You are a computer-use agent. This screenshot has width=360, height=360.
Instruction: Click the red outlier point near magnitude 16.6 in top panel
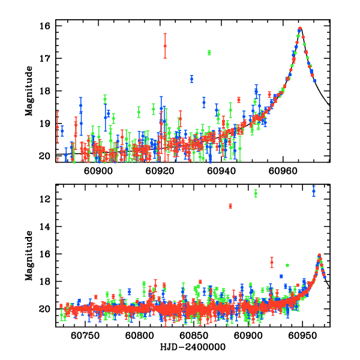165,46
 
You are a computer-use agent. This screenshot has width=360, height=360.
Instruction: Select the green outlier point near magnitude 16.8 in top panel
209,52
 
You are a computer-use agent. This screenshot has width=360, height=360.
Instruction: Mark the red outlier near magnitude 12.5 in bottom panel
230,206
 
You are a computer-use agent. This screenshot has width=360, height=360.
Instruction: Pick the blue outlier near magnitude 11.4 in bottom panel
313,191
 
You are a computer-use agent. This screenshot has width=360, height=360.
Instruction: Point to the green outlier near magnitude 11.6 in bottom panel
256,193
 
